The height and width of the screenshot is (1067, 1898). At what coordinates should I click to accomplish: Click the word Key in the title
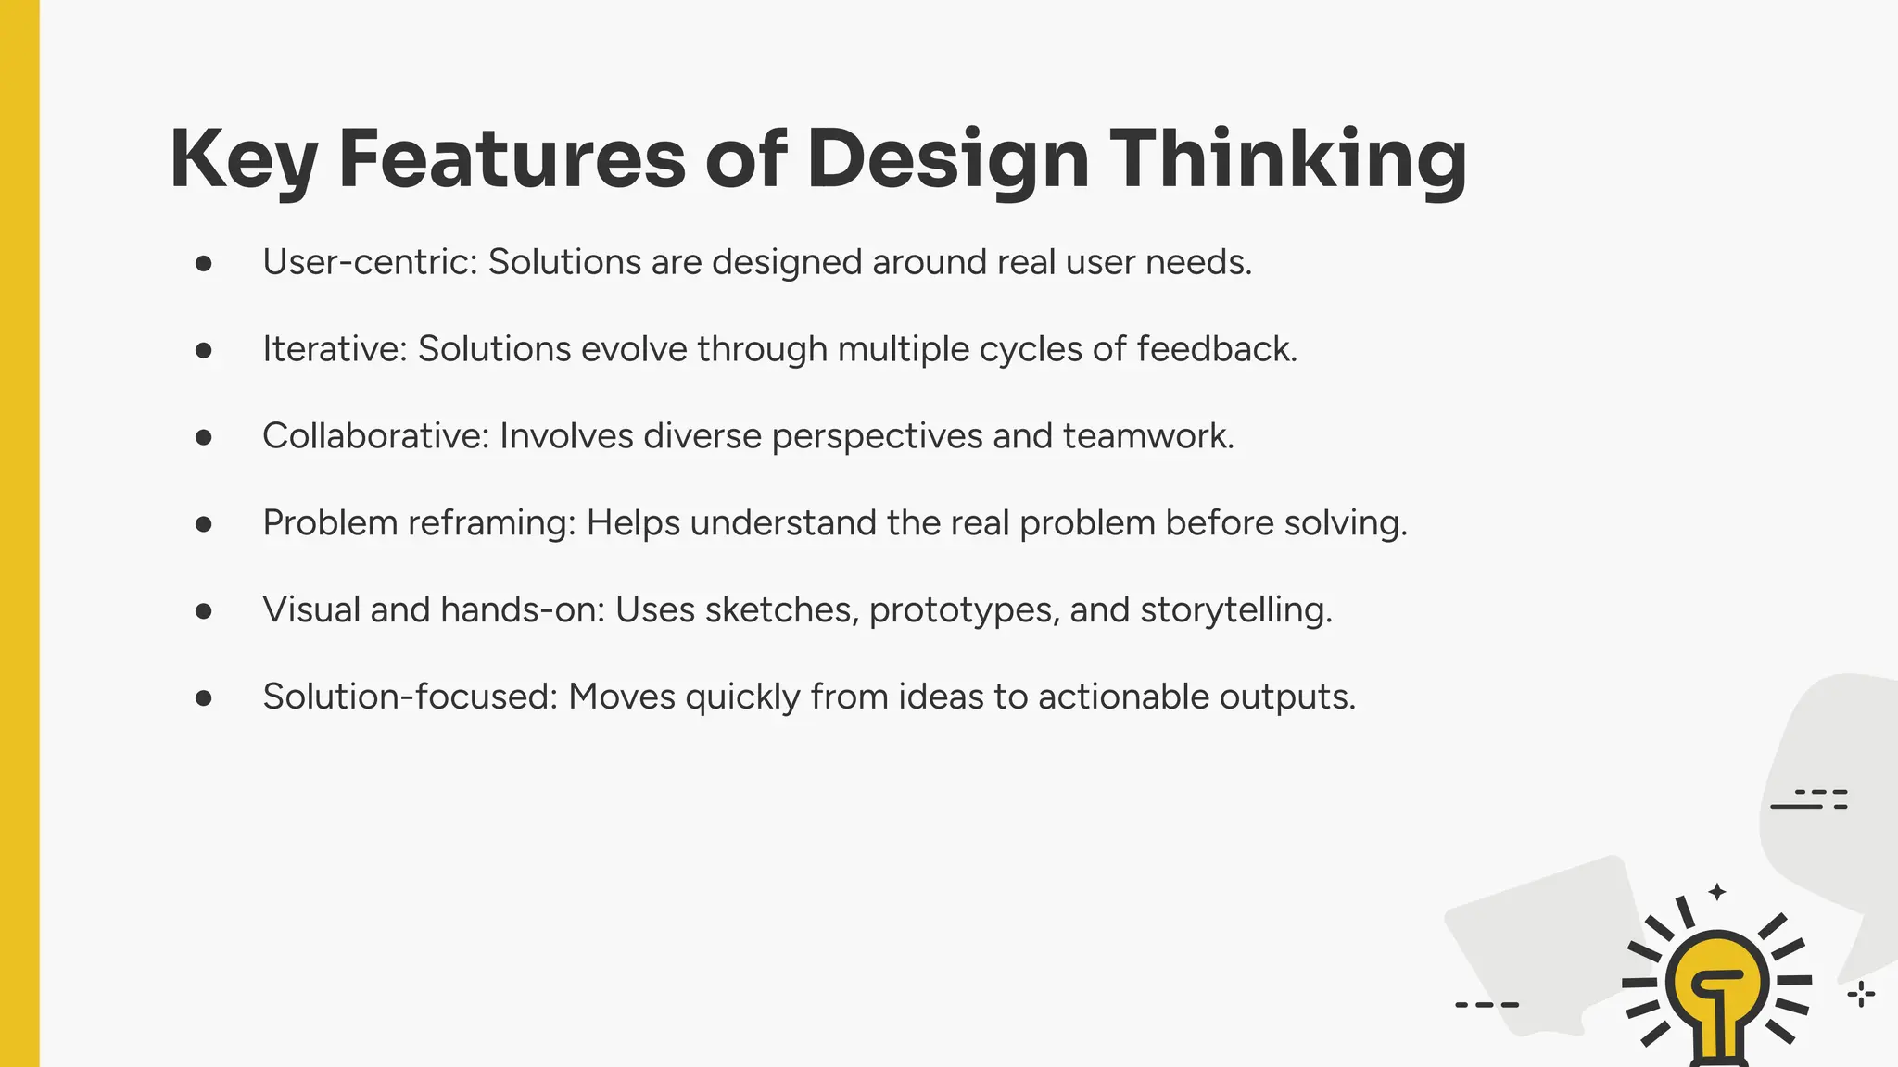(x=243, y=159)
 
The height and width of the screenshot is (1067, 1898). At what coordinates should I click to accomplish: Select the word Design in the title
(x=947, y=159)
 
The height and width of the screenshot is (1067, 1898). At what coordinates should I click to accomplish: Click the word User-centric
(x=369, y=262)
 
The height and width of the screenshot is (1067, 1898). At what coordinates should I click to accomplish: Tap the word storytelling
(x=1235, y=610)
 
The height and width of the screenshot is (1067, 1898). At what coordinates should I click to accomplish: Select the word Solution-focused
(x=410, y=697)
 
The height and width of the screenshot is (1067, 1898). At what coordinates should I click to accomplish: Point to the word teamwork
(x=1147, y=436)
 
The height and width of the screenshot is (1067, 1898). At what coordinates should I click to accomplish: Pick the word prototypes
(x=964, y=610)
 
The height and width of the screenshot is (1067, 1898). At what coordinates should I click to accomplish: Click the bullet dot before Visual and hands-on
(x=204, y=611)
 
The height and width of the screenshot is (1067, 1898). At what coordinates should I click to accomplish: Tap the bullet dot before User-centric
(x=204, y=264)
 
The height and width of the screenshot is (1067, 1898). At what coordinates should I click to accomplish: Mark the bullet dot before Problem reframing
(x=204, y=524)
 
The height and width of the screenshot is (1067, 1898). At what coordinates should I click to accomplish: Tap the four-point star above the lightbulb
(x=1717, y=892)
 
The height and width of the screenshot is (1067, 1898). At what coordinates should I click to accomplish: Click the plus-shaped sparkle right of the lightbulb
(x=1861, y=996)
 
